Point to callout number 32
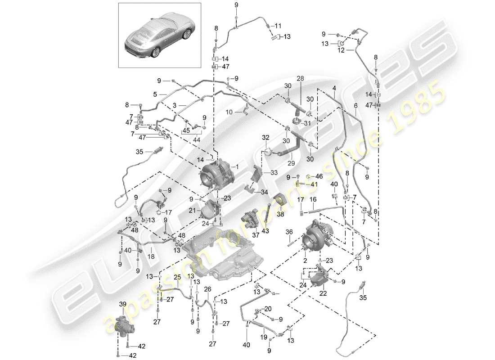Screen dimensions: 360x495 coord(265,137)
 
